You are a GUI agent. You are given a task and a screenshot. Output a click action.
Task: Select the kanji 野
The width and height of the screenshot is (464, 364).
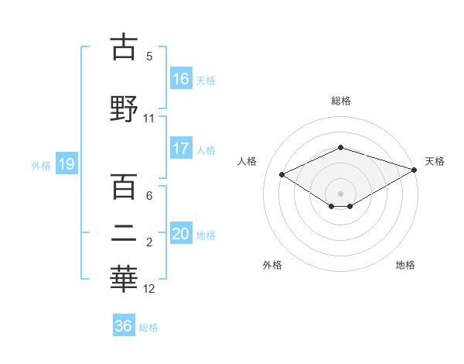coord(125,108)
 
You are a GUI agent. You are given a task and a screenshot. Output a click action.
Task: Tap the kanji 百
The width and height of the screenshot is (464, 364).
coord(125,187)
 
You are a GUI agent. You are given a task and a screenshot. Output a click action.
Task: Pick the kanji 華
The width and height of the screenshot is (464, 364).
coord(125,280)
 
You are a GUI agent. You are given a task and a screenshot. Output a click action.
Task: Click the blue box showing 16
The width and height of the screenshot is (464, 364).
coord(181,78)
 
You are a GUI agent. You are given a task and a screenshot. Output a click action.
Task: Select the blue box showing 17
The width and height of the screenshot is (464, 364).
coord(181,149)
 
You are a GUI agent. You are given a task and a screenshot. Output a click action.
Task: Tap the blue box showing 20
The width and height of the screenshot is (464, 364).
coord(181,234)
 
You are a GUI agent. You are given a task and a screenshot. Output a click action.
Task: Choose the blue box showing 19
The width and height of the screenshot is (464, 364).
coord(66,164)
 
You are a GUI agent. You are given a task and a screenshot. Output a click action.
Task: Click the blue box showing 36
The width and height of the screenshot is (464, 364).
coord(124,326)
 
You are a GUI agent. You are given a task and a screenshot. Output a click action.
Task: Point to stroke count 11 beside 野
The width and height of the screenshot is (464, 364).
coord(148,118)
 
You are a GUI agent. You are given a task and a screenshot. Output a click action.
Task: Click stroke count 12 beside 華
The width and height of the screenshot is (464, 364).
coord(149,290)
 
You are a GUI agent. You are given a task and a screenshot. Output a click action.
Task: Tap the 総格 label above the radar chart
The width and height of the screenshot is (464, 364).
coord(341,101)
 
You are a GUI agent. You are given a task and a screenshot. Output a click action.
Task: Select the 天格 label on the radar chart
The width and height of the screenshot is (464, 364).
coord(435,161)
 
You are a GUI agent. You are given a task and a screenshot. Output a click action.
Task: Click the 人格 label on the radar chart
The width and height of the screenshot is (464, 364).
coord(247,161)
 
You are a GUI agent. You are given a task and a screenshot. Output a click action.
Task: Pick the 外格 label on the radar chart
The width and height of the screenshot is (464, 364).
coord(272,265)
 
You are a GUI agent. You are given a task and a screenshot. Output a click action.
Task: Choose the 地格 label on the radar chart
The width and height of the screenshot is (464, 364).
coord(405,265)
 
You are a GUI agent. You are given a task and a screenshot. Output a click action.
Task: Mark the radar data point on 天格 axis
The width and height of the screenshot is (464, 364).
coord(415,170)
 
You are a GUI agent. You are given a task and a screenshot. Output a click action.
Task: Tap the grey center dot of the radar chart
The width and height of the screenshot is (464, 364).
coord(340,193)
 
